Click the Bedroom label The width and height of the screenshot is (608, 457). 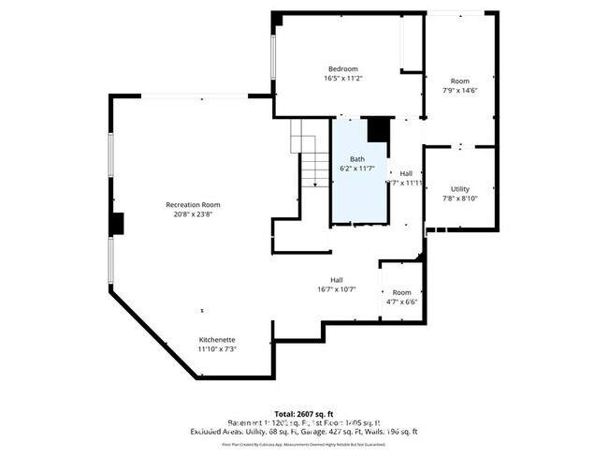tap(342, 69)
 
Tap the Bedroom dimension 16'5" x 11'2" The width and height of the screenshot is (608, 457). tap(342, 80)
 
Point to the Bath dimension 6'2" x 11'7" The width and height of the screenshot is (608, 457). tap(356, 169)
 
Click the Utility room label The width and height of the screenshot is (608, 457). tap(459, 188)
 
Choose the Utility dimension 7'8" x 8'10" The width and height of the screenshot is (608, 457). tap(459, 199)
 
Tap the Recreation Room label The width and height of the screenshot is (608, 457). tap(193, 204)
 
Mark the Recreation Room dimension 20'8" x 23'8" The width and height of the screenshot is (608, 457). tap(193, 214)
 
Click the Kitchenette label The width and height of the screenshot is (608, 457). tap(216, 339)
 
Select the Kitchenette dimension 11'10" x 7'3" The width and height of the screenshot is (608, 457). tap(216, 349)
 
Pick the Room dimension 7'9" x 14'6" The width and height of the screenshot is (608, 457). tap(459, 91)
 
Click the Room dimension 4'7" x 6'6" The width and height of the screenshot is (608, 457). tap(401, 302)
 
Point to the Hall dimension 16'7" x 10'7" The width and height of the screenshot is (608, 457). tap(337, 289)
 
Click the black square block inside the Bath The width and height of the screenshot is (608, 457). tap(377, 129)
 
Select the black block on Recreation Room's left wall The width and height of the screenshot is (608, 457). tap(117, 225)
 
